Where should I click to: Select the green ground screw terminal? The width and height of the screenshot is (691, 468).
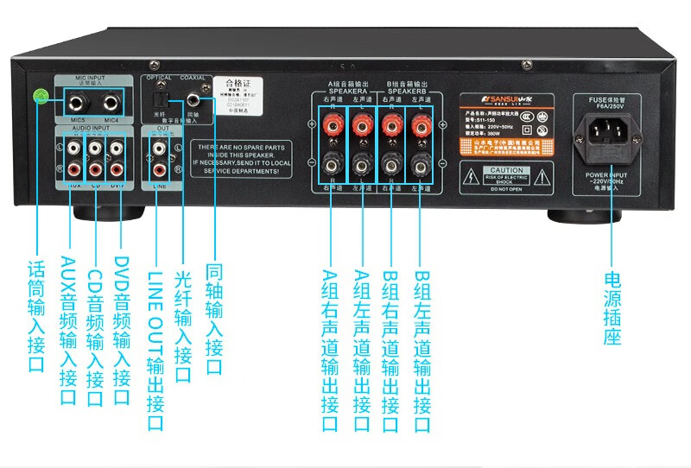point(39,97)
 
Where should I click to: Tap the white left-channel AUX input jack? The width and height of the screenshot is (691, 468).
point(71,147)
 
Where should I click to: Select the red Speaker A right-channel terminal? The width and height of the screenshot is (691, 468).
point(331,126)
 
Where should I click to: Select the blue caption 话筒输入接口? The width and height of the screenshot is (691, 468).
point(37,319)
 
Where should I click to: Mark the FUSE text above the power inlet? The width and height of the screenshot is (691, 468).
point(599,100)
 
